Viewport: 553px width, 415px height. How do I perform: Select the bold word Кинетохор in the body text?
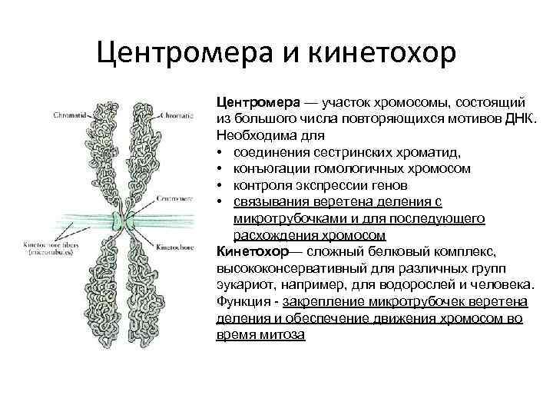pos(251,251)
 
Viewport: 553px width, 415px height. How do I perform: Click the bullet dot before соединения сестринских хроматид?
pos(220,152)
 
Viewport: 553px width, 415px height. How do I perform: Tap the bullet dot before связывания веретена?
pos(220,202)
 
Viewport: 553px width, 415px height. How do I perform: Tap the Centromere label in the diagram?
pos(176,198)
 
